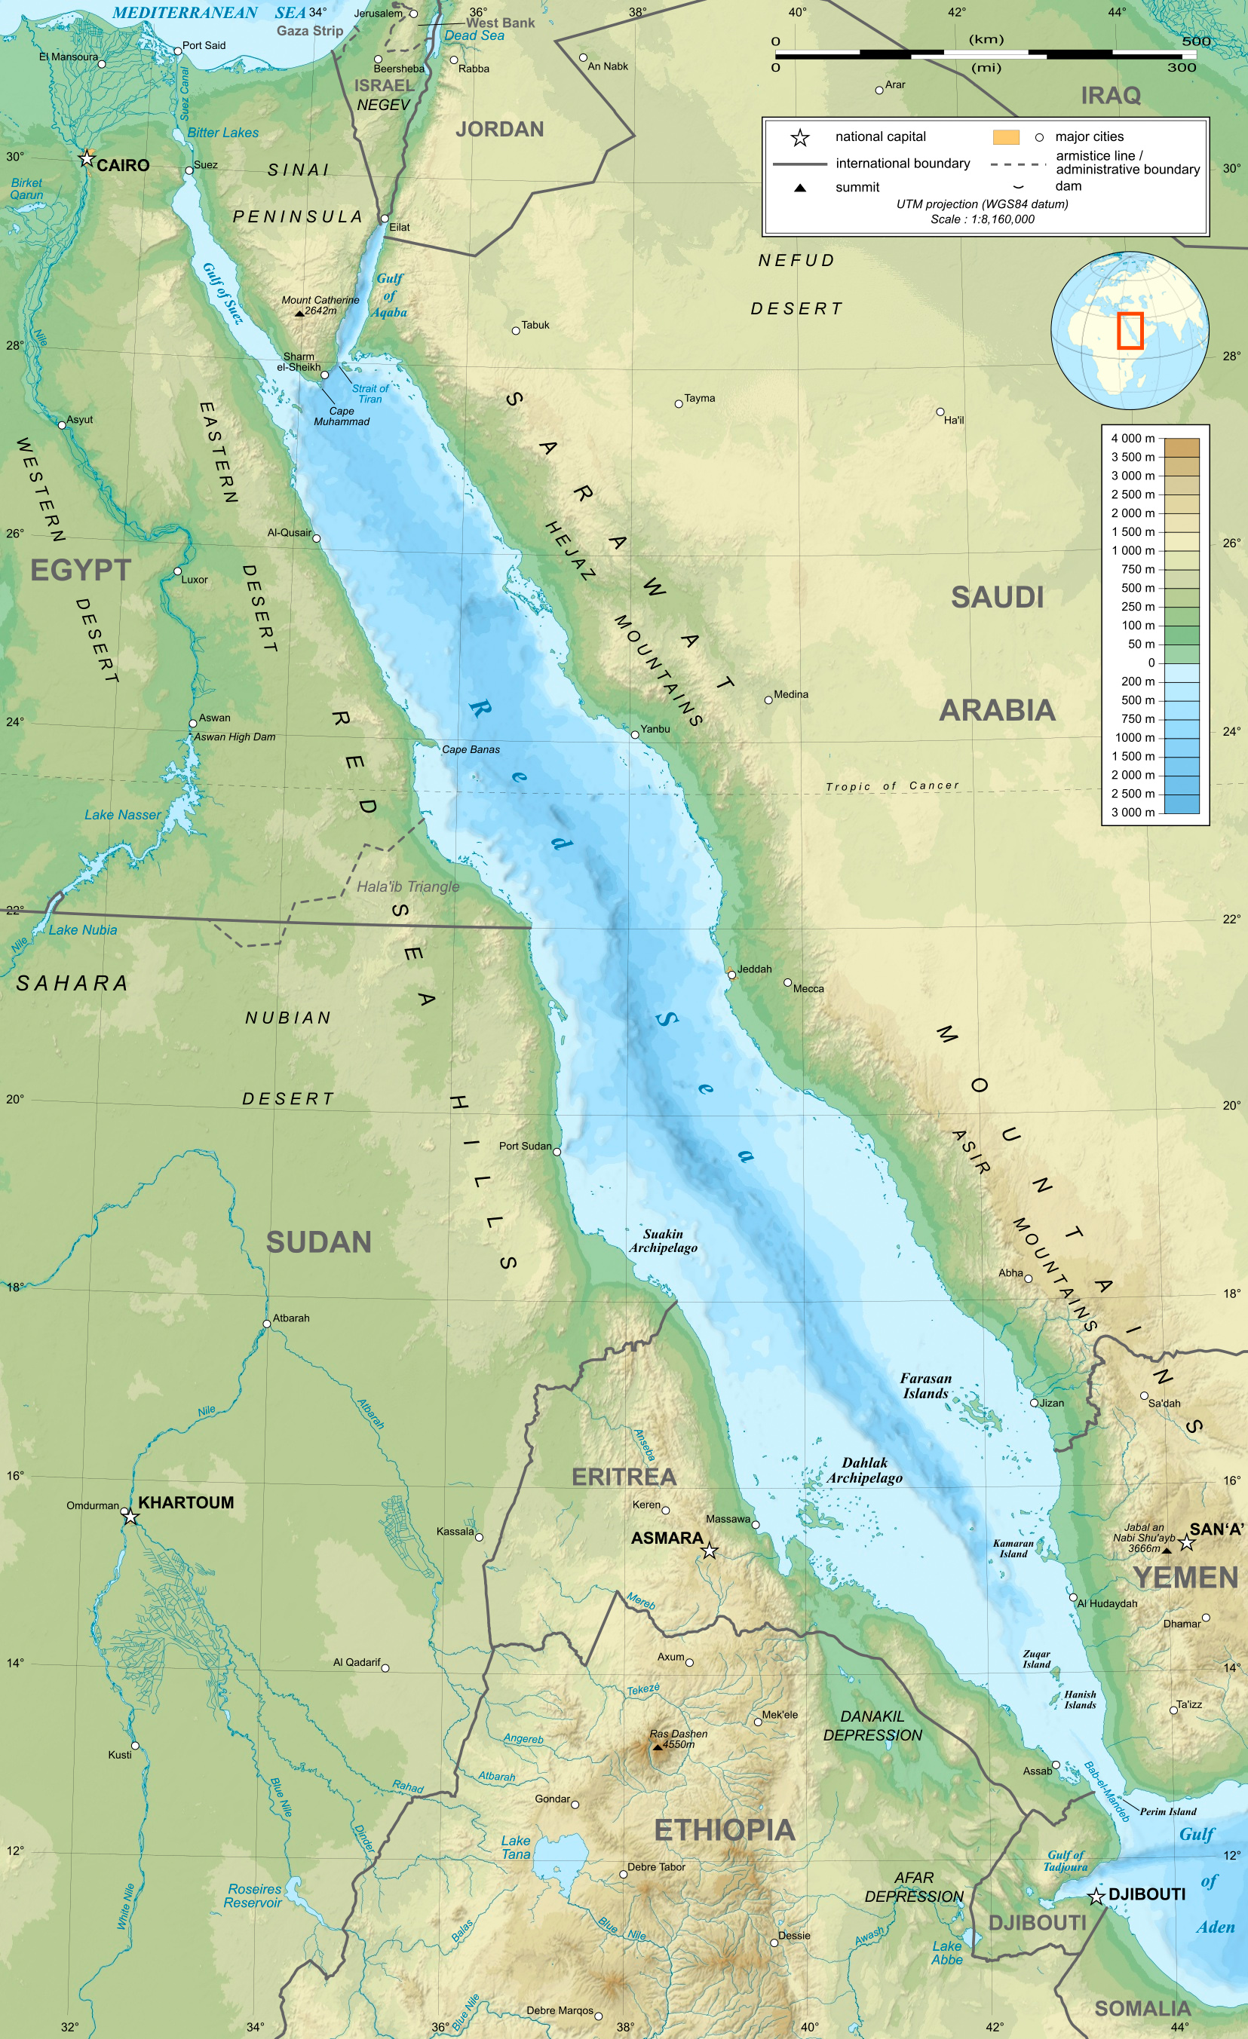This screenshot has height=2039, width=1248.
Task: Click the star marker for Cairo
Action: click(87, 158)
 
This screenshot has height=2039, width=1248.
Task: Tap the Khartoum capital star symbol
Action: click(130, 1517)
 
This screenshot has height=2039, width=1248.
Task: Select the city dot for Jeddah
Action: click(731, 975)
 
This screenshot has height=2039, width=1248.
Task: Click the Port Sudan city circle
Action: click(557, 1152)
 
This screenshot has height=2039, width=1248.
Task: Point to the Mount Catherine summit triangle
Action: click(299, 314)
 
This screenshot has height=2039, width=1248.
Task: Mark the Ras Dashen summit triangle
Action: click(658, 1747)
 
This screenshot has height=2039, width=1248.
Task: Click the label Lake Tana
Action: click(515, 1847)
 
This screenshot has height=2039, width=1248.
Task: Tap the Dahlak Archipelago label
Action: click(865, 1470)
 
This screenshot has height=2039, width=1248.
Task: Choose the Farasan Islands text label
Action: click(925, 1385)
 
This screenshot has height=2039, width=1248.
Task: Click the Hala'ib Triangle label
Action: click(407, 886)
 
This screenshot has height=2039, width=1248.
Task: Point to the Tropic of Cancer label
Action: click(891, 785)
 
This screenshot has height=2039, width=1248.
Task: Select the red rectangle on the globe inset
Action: click(1130, 330)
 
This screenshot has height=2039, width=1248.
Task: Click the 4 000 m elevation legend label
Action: click(1132, 438)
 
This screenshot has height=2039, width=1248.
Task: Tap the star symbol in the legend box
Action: click(799, 137)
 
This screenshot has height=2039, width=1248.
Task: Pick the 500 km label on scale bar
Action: click(1196, 41)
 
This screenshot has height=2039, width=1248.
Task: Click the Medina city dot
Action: click(768, 700)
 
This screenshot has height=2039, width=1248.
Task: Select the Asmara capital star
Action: click(710, 1551)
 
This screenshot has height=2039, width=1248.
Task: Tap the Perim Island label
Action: click(1168, 1811)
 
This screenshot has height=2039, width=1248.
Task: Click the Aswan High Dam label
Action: click(235, 736)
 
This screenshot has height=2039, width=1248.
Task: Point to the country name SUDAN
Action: click(317, 1241)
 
